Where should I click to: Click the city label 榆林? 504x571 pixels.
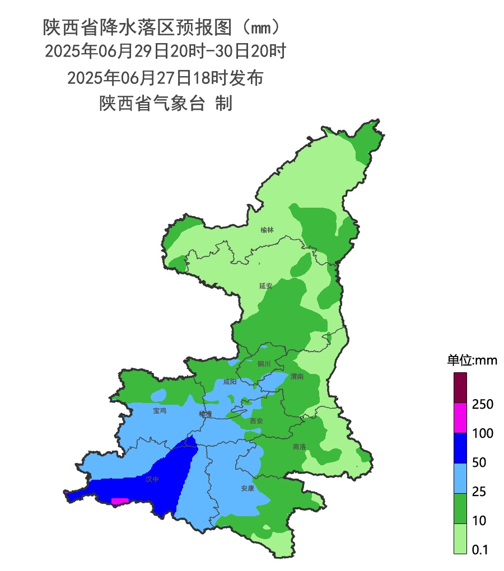(267, 230)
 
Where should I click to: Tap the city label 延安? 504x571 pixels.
(265, 285)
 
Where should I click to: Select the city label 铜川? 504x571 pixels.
(264, 364)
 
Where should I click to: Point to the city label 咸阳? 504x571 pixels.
(230, 382)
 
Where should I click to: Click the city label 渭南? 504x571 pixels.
(297, 377)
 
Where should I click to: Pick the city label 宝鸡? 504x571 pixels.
(160, 410)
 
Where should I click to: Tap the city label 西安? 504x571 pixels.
(256, 420)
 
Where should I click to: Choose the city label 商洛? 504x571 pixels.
(300, 447)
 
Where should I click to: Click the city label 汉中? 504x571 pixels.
(152, 479)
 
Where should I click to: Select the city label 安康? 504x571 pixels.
(248, 488)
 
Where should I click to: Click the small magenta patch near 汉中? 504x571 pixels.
(120, 501)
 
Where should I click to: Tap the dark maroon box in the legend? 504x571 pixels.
(460, 388)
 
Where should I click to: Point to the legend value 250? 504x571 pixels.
(483, 404)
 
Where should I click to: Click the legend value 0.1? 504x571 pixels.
(480, 550)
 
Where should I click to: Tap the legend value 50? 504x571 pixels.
(479, 462)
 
